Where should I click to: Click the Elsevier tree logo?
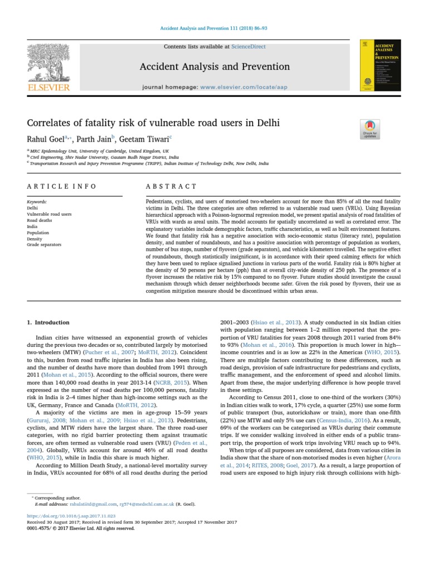click(x=48, y=61)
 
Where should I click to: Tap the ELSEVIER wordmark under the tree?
click(x=48, y=88)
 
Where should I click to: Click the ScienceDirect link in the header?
click(x=249, y=47)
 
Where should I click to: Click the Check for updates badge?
click(x=370, y=129)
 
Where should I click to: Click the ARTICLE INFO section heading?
click(x=62, y=186)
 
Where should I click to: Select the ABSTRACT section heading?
click(x=171, y=186)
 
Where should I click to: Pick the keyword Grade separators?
click(x=44, y=245)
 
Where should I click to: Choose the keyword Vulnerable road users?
click(x=49, y=214)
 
